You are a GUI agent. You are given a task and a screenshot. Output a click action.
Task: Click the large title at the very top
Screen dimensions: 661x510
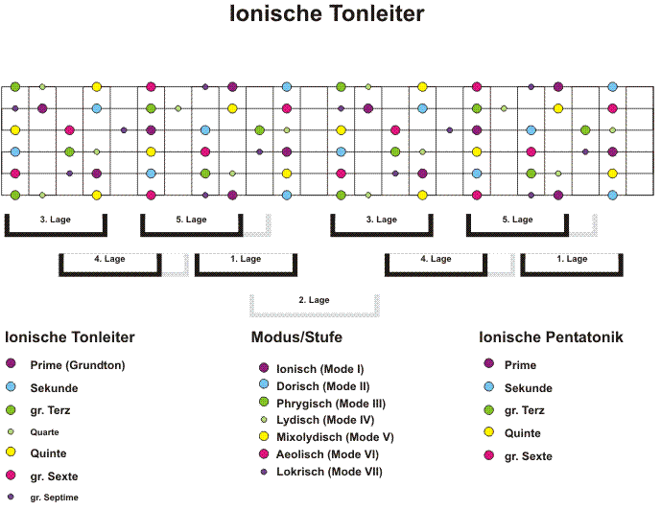(327, 13)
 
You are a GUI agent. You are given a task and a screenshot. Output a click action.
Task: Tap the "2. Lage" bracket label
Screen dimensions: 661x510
(314, 300)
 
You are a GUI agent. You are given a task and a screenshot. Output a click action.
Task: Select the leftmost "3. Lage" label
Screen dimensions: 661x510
(56, 220)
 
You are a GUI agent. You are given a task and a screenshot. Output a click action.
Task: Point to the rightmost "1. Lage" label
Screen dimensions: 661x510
(572, 259)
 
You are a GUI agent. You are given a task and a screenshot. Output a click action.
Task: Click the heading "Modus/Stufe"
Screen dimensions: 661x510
(296, 336)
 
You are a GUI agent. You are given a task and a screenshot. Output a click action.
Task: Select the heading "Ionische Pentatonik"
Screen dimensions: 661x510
(551, 336)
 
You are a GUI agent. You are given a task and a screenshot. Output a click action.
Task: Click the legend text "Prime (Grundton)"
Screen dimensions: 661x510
(78, 365)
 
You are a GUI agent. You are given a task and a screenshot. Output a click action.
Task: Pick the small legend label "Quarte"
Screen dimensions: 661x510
(44, 432)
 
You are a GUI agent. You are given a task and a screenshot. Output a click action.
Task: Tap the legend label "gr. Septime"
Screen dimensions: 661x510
(54, 498)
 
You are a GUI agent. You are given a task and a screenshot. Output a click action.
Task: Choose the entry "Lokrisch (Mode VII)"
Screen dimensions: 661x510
(329, 472)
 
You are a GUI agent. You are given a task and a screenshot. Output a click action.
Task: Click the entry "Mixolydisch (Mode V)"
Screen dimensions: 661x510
(335, 437)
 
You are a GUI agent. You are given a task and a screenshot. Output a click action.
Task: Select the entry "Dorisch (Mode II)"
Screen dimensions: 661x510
(323, 386)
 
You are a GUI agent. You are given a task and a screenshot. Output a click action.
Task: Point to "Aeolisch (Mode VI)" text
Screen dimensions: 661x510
(327, 454)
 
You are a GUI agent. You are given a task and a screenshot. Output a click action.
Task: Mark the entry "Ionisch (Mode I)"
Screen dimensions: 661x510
(320, 369)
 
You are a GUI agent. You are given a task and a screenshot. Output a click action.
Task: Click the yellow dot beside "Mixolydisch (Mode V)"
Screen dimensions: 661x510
(264, 436)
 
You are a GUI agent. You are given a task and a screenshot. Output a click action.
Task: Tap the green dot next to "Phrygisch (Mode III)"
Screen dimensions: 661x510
(264, 402)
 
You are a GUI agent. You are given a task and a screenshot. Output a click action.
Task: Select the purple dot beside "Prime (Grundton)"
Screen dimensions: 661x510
(11, 363)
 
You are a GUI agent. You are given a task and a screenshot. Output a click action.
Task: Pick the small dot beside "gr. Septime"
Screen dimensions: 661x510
(11, 497)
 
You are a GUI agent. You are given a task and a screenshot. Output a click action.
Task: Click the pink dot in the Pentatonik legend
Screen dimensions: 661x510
(489, 454)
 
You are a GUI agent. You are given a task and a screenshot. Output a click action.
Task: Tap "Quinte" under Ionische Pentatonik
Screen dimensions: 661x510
(522, 433)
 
